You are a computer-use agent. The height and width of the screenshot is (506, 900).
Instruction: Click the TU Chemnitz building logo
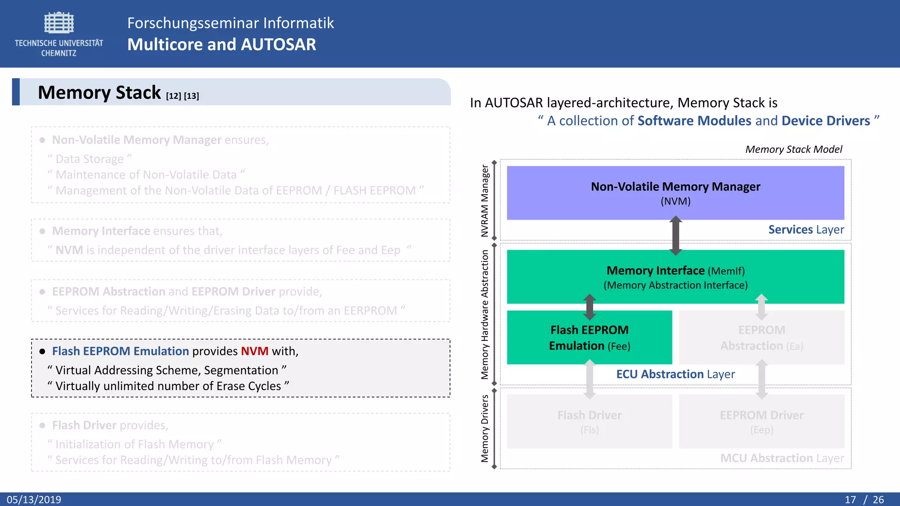tap(59, 23)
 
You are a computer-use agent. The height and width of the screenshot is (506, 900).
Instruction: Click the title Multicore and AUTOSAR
tap(221, 45)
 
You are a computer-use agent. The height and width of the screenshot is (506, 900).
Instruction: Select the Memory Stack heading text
tap(99, 93)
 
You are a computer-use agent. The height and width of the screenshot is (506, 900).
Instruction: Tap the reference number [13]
tap(191, 96)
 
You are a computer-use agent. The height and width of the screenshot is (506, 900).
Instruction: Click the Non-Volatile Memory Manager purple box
tap(675, 192)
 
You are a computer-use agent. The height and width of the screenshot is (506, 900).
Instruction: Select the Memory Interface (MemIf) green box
tap(675, 277)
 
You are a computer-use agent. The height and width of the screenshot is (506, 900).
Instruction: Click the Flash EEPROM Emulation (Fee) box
tap(589, 337)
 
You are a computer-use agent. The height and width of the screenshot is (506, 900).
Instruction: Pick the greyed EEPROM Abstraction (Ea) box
tap(761, 337)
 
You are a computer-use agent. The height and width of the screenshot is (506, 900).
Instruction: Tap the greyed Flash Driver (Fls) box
tap(589, 421)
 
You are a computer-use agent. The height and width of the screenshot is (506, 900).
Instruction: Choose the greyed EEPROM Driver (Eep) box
tap(761, 421)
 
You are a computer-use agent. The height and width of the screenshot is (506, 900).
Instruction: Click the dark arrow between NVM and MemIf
tap(675, 235)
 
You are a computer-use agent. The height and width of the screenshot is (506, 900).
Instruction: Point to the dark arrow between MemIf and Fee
tap(589, 307)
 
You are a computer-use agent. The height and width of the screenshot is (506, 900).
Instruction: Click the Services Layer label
tap(806, 230)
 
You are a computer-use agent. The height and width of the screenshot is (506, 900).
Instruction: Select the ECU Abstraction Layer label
tap(675, 374)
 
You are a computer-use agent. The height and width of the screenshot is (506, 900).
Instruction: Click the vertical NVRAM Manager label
tap(485, 201)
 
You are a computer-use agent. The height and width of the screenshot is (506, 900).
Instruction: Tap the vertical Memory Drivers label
tap(485, 428)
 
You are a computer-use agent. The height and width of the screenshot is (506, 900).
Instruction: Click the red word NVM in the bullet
tap(254, 351)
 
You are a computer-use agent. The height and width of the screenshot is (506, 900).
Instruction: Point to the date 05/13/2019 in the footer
tap(34, 499)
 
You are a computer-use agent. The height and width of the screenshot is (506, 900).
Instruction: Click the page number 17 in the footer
tap(850, 499)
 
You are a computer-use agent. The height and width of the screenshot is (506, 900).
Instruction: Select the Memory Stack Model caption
tap(793, 149)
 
